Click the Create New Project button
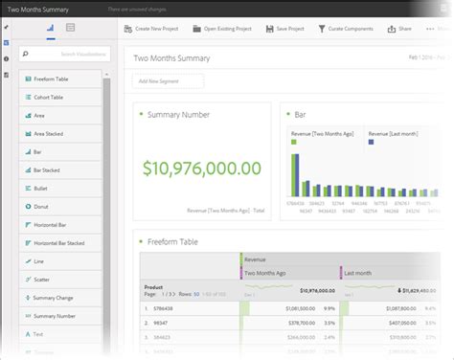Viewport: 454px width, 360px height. click(x=153, y=29)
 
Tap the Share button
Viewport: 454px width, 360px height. click(x=400, y=29)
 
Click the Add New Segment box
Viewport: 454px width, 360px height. click(x=170, y=81)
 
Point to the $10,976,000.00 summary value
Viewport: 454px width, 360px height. click(x=201, y=169)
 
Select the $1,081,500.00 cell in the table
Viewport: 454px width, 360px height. click(x=298, y=309)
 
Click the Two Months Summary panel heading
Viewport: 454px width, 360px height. click(x=173, y=58)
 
